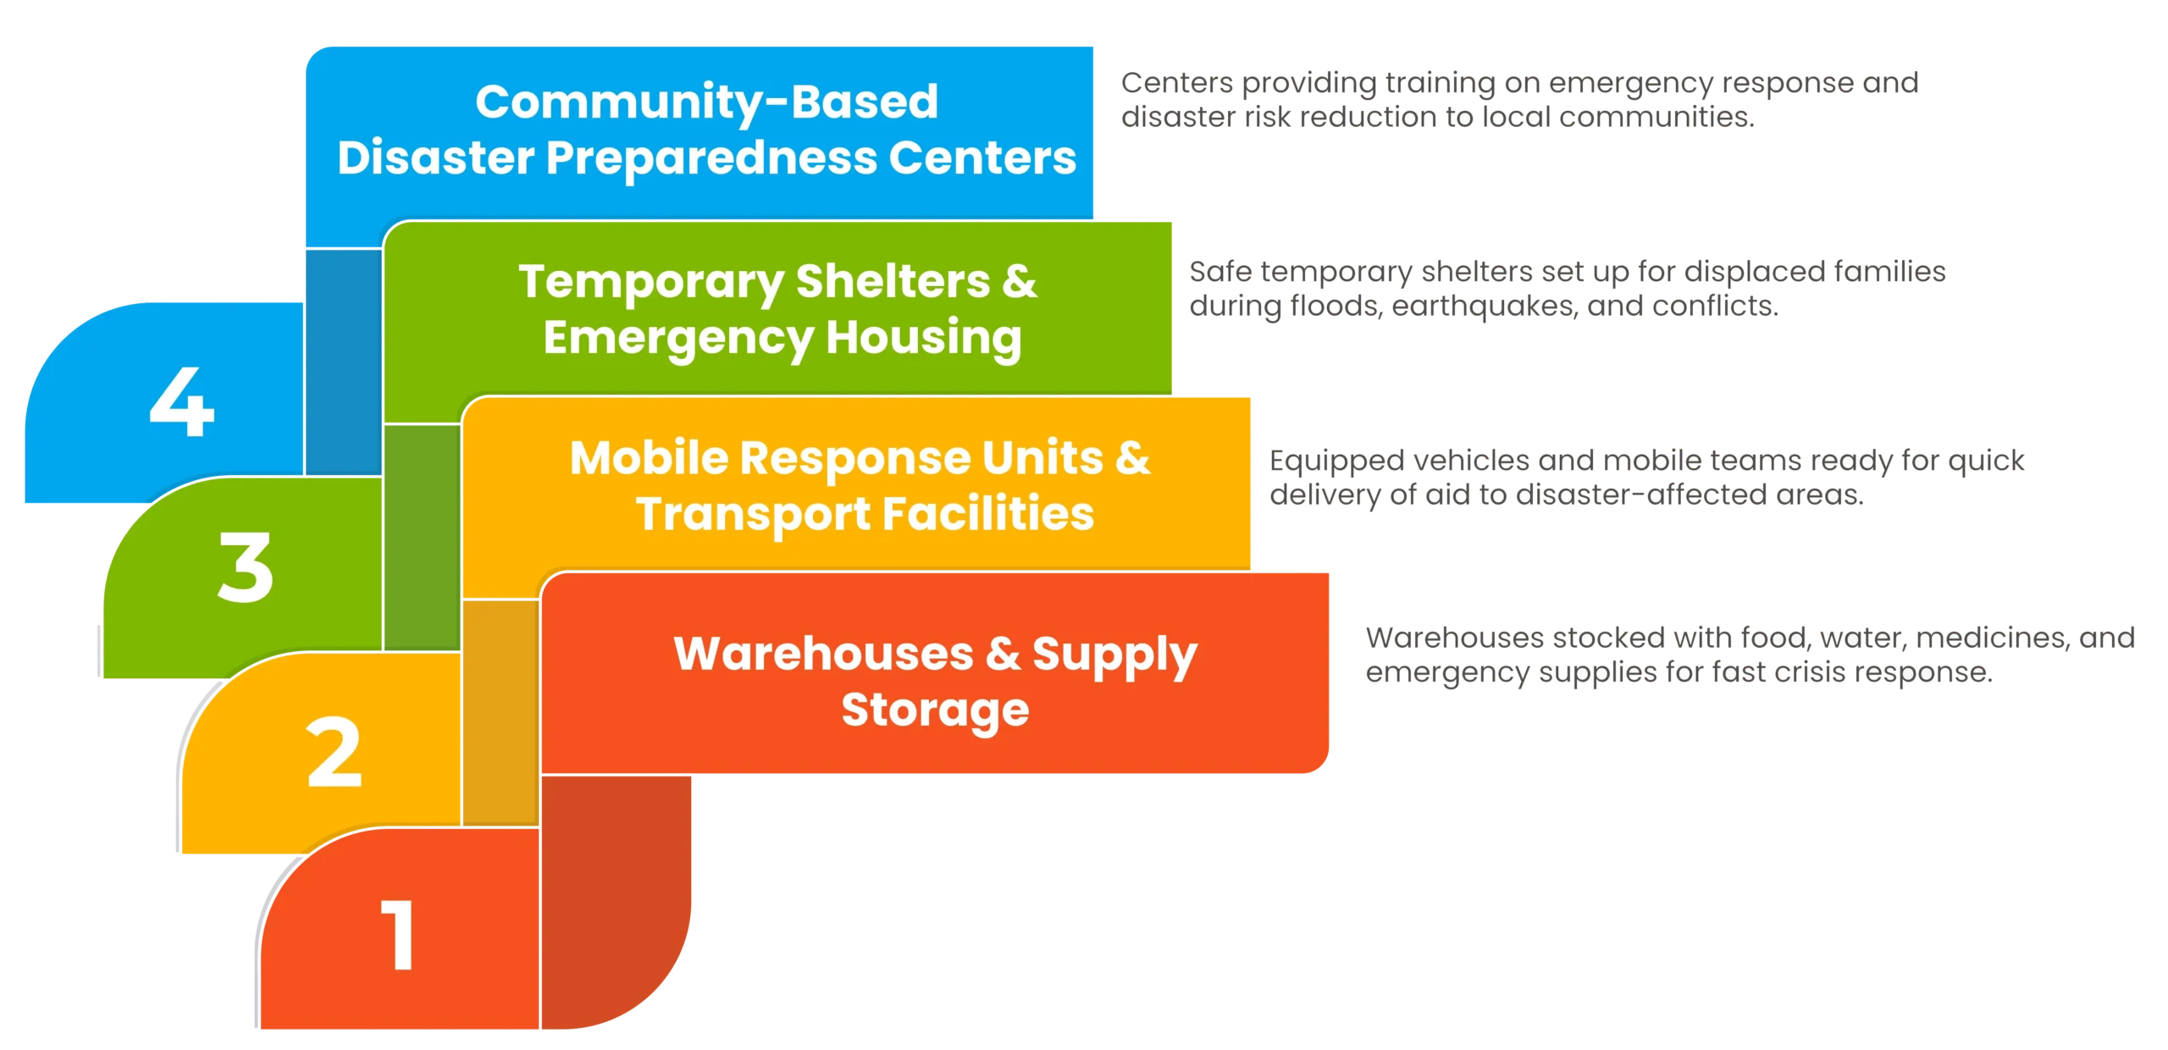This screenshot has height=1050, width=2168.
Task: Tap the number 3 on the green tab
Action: (246, 567)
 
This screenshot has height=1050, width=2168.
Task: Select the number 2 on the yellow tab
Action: (335, 753)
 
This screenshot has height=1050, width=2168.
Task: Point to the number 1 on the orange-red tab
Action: (398, 935)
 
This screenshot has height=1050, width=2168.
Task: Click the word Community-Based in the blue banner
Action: (706, 102)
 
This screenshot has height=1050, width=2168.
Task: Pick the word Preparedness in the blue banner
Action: (711, 158)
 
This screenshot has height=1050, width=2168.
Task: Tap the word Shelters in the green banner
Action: (893, 281)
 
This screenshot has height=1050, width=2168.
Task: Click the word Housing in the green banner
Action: (924, 337)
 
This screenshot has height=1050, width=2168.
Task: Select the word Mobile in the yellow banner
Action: (649, 458)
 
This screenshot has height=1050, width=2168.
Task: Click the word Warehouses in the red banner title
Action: (823, 654)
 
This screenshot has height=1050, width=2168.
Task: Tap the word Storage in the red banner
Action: (935, 710)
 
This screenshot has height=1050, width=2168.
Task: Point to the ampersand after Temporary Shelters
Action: (1019, 281)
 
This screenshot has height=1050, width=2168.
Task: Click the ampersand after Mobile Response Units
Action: (1132, 458)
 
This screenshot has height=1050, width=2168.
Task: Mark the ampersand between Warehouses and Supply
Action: (1003, 654)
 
